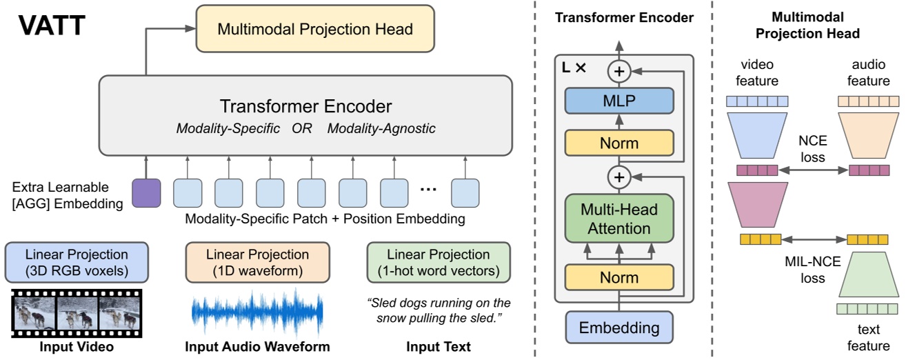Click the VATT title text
click(x=52, y=26)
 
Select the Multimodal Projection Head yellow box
click(x=315, y=29)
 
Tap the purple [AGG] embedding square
click(x=145, y=192)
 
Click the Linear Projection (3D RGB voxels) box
click(x=76, y=262)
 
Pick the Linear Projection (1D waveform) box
click(x=258, y=262)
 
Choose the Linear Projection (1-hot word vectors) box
click(x=439, y=262)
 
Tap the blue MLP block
click(x=618, y=101)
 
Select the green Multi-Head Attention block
click(x=618, y=219)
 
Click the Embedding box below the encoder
click(x=618, y=328)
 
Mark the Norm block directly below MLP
click(x=618, y=143)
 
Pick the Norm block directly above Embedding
click(x=618, y=277)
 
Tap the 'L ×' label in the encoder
click(x=575, y=68)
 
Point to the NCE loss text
click(x=812, y=148)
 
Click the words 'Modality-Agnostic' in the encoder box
click(x=381, y=129)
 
